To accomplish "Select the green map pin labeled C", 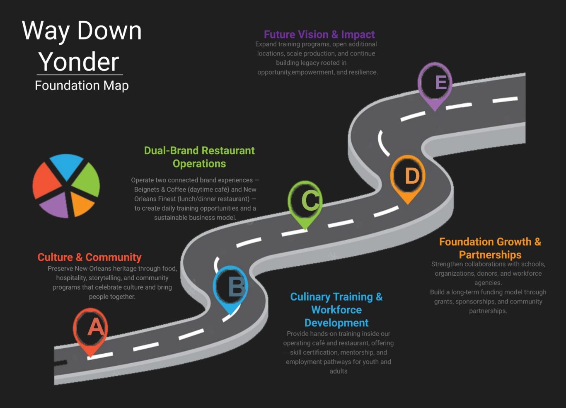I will pyautogui.click(x=305, y=201).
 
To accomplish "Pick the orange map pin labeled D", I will pyautogui.click(x=408, y=176).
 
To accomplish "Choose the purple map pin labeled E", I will pyautogui.click(x=435, y=83).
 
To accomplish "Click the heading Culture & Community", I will pyautogui.click(x=89, y=257).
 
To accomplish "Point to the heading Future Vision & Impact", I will pyautogui.click(x=319, y=34).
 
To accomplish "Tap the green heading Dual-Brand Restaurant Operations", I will pyautogui.click(x=199, y=157).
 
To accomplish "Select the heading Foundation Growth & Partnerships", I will pyautogui.click(x=490, y=248).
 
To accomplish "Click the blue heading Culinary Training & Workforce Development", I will pyautogui.click(x=336, y=310).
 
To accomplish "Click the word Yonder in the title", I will pyautogui.click(x=79, y=62).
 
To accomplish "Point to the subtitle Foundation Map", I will pyautogui.click(x=82, y=85).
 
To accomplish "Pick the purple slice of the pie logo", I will pyautogui.click(x=56, y=205).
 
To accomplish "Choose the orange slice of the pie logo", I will pyautogui.click(x=81, y=203).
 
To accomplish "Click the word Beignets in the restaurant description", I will pyautogui.click(x=147, y=189).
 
